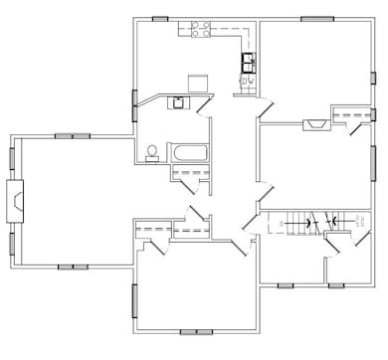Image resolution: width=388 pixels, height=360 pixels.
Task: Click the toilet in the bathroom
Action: [x=152, y=152]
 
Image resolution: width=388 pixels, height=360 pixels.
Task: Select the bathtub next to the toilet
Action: [x=189, y=153]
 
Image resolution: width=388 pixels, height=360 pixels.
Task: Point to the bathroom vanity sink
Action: [x=178, y=101]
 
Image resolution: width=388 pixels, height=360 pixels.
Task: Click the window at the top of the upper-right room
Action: [x=316, y=18]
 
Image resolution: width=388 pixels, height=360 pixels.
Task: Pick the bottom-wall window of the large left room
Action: [x=73, y=267]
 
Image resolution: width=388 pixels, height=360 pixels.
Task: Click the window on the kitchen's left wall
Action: [x=134, y=103]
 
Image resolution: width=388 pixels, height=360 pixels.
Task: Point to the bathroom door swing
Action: [x=203, y=105]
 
